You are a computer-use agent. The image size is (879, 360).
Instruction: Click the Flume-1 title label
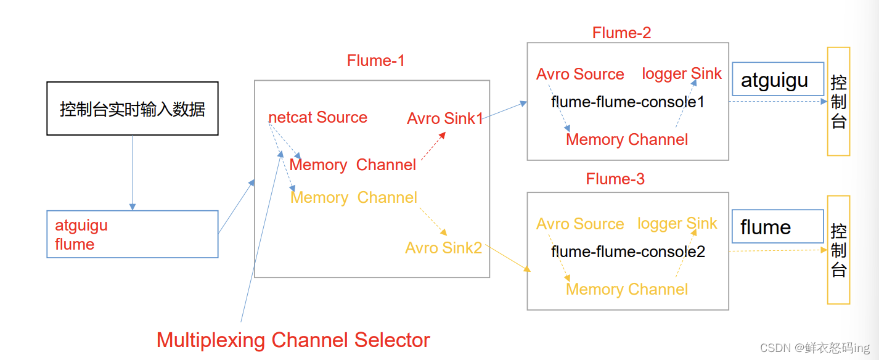coord(375,60)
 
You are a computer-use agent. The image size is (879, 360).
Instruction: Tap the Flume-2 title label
coord(621,33)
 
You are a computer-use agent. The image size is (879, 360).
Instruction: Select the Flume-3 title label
coord(615,179)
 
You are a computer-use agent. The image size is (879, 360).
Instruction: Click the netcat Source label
coord(317,118)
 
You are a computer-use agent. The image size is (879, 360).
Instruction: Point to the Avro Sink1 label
coord(445,118)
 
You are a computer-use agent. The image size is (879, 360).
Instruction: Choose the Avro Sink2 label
coord(443,248)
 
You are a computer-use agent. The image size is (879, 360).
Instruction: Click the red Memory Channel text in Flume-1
coord(353,165)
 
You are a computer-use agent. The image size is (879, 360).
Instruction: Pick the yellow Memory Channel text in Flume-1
coord(354,197)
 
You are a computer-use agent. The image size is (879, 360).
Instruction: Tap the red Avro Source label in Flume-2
coord(580,74)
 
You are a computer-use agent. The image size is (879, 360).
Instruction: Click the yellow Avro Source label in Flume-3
coord(580,224)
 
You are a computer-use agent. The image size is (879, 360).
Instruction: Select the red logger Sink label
coord(681,73)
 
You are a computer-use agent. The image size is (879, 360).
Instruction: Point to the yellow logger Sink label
coord(677,223)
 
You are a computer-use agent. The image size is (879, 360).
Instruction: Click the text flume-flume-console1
coord(628,102)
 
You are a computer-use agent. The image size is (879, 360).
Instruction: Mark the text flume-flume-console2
coord(628,252)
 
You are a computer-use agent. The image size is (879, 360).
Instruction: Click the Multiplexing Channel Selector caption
coord(293,340)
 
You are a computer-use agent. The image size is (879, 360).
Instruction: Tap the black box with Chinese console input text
coord(133,108)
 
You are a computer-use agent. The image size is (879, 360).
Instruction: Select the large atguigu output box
coord(777,79)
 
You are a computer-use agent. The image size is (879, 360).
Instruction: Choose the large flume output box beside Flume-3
coord(777,226)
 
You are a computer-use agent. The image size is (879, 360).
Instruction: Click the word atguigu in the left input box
coord(81,226)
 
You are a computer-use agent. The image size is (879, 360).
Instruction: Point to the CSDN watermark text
coord(816,348)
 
